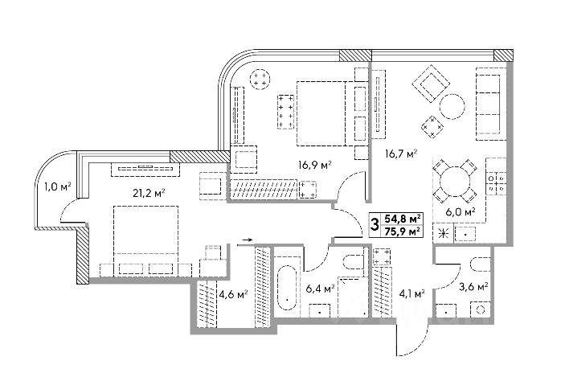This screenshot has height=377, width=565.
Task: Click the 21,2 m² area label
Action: click(x=149, y=191)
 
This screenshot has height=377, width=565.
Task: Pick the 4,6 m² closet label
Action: click(x=231, y=294)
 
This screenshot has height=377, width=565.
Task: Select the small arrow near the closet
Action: click(x=246, y=240)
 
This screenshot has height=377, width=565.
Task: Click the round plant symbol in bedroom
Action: click(x=261, y=79)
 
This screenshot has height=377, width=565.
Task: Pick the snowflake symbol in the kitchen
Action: click(x=440, y=233)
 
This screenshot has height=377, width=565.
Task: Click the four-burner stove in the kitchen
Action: click(x=496, y=182)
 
